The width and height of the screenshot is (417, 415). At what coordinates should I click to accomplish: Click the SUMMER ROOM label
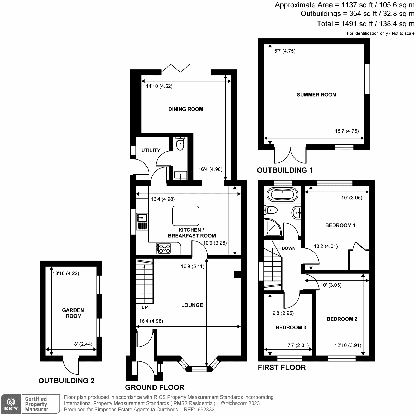tap(316, 95)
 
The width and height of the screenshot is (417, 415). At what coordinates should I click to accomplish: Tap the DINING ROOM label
tap(186, 109)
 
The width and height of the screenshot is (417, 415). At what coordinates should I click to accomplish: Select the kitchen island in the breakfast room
tap(186, 216)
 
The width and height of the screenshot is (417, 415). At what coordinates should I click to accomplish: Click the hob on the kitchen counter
tap(164, 248)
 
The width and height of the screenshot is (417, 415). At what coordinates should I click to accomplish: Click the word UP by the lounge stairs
tap(145, 307)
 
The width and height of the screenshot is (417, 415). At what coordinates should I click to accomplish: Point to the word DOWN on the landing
tap(289, 248)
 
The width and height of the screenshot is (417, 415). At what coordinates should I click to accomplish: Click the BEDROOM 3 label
tap(291, 328)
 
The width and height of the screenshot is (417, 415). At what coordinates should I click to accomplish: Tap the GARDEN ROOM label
tap(73, 313)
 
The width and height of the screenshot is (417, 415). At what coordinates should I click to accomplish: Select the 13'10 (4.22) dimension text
tap(66, 274)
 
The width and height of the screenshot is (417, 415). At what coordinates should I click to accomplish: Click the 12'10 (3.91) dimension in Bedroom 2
tap(348, 346)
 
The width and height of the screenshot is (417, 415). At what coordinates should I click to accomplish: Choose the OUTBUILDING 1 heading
tap(285, 170)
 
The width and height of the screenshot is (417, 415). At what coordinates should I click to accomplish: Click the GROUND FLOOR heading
tap(155, 387)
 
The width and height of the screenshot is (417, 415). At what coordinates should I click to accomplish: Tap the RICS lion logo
tap(11, 404)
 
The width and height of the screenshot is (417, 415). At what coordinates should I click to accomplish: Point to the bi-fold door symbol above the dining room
tap(176, 68)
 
